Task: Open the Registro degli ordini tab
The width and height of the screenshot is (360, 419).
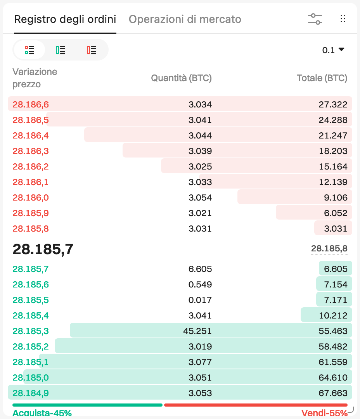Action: [x=65, y=19]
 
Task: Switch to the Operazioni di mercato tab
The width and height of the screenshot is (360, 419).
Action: [x=185, y=19]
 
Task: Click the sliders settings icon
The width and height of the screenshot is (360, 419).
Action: [x=315, y=19]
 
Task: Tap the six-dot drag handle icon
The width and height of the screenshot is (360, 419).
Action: [x=343, y=19]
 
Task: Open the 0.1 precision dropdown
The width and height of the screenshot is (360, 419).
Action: [x=333, y=50]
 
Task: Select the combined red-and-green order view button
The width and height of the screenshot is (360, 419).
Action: [x=29, y=50]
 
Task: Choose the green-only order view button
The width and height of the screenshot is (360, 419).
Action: [x=61, y=50]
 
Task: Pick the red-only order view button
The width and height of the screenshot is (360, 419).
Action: [x=92, y=50]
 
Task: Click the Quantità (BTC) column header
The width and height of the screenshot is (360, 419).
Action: [x=181, y=78]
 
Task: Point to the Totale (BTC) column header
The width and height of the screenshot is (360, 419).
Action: [x=322, y=78]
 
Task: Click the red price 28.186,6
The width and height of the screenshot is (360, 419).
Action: [x=31, y=104]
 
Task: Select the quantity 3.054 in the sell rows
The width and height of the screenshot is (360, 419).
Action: [x=200, y=197]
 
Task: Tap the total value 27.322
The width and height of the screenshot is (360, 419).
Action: [x=333, y=104]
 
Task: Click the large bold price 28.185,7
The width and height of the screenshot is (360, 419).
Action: [x=43, y=249]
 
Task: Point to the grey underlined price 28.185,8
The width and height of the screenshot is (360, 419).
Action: [x=329, y=249]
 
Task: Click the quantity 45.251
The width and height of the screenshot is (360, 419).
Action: [x=197, y=331]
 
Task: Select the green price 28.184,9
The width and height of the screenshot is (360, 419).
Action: [x=31, y=393]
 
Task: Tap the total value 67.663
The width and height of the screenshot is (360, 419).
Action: [x=333, y=393]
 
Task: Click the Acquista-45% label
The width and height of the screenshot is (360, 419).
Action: [x=42, y=413]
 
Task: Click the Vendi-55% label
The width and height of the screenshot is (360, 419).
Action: [x=324, y=413]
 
